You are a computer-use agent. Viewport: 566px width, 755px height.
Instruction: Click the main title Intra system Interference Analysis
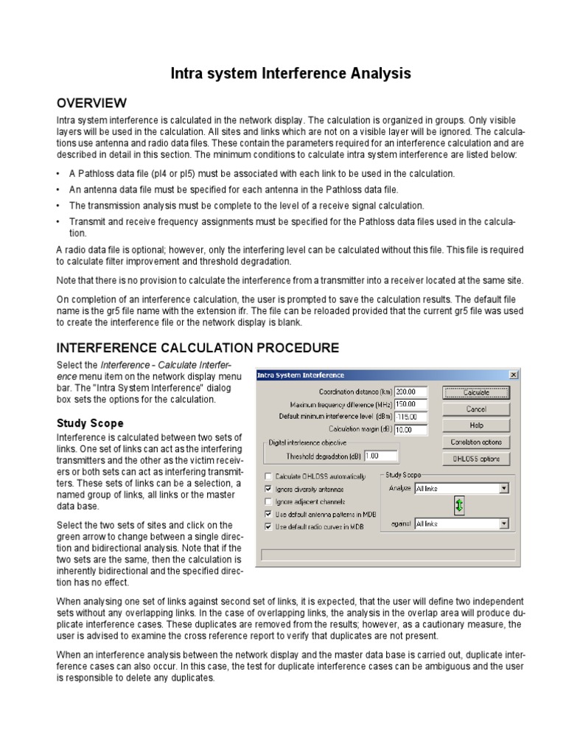(x=290, y=73)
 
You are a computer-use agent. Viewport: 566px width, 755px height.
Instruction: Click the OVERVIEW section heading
(x=92, y=102)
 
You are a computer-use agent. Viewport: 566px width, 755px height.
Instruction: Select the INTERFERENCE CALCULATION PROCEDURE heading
(x=198, y=347)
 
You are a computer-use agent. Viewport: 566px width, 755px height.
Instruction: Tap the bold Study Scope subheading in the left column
(x=91, y=423)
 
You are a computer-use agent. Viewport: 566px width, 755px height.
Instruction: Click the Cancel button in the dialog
(x=476, y=408)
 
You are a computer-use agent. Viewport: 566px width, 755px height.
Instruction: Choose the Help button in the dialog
(x=476, y=425)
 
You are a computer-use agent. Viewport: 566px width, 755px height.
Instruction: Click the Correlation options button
(x=476, y=442)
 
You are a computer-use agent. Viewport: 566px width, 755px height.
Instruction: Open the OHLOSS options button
(x=476, y=459)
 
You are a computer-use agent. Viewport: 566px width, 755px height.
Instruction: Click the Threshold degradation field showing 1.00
(x=380, y=456)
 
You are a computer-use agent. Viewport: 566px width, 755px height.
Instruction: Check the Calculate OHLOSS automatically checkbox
(x=268, y=476)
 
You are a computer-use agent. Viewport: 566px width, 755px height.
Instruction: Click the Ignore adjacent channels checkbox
(x=268, y=501)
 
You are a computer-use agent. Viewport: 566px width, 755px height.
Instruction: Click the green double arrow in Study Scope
(x=459, y=505)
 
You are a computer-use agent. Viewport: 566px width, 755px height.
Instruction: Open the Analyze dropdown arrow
(x=504, y=488)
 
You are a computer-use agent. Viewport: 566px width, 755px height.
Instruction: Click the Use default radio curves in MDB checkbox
(x=268, y=526)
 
